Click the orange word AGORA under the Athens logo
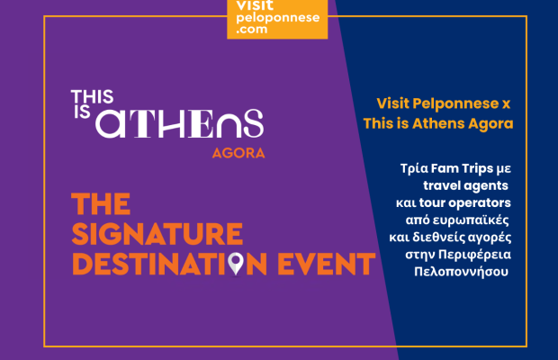click(x=238, y=153)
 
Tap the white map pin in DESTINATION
click(x=235, y=264)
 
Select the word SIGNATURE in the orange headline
click(x=157, y=234)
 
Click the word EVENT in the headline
click(x=326, y=264)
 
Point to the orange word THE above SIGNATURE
click(x=101, y=203)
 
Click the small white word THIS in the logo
click(x=92, y=97)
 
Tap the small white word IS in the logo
click(x=82, y=112)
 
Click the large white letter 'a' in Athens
click(x=111, y=124)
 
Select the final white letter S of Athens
click(x=254, y=123)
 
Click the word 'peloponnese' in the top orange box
click(x=278, y=17)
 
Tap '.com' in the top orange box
click(x=252, y=29)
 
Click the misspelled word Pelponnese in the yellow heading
click(x=455, y=103)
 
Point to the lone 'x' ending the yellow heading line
click(x=506, y=104)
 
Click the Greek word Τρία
click(x=414, y=168)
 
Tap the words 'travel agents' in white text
click(x=465, y=185)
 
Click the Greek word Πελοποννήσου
click(x=461, y=272)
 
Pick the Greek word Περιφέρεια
click(x=474, y=255)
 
